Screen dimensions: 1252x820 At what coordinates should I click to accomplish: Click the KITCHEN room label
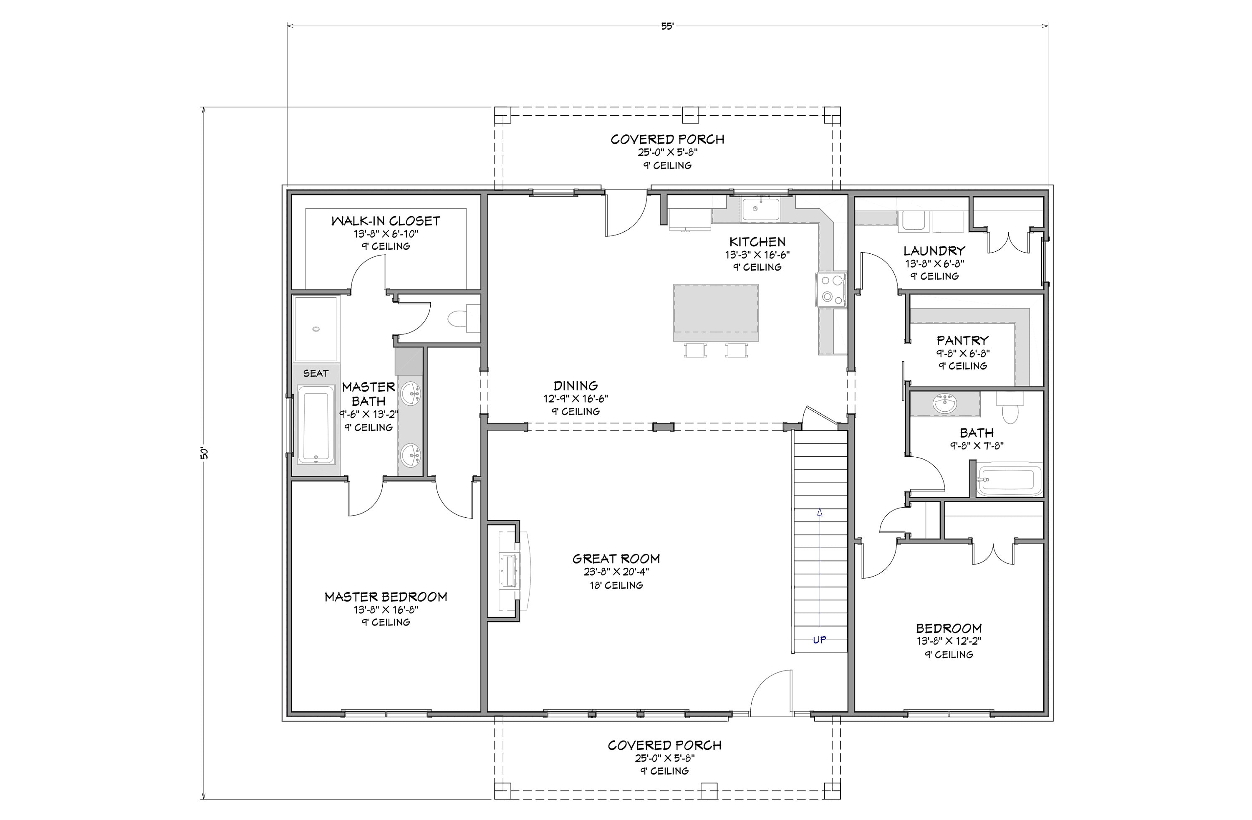pos(757,242)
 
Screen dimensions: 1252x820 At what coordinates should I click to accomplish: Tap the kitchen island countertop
pos(716,313)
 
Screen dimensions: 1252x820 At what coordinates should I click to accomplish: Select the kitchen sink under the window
pos(761,209)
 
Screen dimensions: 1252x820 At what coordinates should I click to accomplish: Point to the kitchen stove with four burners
pos(830,289)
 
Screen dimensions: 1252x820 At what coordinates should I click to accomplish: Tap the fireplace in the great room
pos(509,571)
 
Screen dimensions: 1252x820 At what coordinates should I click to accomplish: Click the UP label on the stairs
pos(820,640)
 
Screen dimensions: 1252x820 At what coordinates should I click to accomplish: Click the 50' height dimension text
pos(204,453)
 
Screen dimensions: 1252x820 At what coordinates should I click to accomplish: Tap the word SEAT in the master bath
pos(316,373)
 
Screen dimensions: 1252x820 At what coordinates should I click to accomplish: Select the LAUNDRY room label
pos(934,251)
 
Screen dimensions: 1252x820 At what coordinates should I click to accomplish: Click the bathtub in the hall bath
pos(1010,479)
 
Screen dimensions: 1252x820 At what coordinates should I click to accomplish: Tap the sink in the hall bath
pos(945,404)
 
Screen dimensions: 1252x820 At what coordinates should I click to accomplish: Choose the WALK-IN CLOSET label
pos(386,221)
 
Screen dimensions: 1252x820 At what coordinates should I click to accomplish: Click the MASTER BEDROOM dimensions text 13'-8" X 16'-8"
pos(386,610)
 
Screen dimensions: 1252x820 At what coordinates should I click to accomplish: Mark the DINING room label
pos(576,386)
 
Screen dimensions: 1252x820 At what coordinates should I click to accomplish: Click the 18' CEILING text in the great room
pos(616,585)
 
